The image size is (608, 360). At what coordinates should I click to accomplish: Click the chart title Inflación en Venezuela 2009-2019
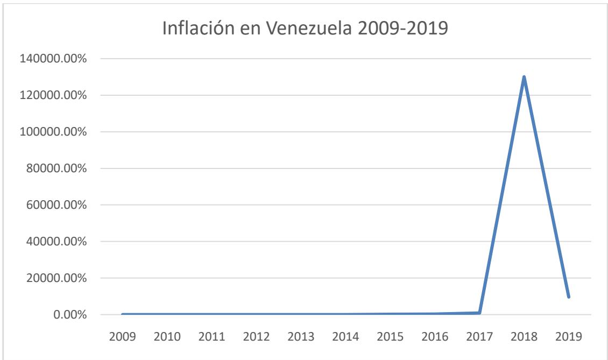(305, 29)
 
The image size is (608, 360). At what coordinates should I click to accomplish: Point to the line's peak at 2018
(524, 76)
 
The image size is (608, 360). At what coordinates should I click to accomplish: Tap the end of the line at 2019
(568, 297)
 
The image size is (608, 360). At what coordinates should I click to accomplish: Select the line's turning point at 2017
(479, 313)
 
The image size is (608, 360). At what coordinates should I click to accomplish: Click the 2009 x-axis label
(122, 338)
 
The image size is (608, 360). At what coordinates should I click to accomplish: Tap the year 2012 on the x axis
(256, 338)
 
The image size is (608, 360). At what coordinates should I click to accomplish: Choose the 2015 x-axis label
(390, 338)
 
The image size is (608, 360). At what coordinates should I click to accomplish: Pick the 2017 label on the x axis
(479, 338)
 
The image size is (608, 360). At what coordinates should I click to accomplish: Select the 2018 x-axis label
(524, 338)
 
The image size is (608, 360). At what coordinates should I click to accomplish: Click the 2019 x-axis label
(569, 338)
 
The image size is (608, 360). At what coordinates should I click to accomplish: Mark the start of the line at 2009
(123, 314)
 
